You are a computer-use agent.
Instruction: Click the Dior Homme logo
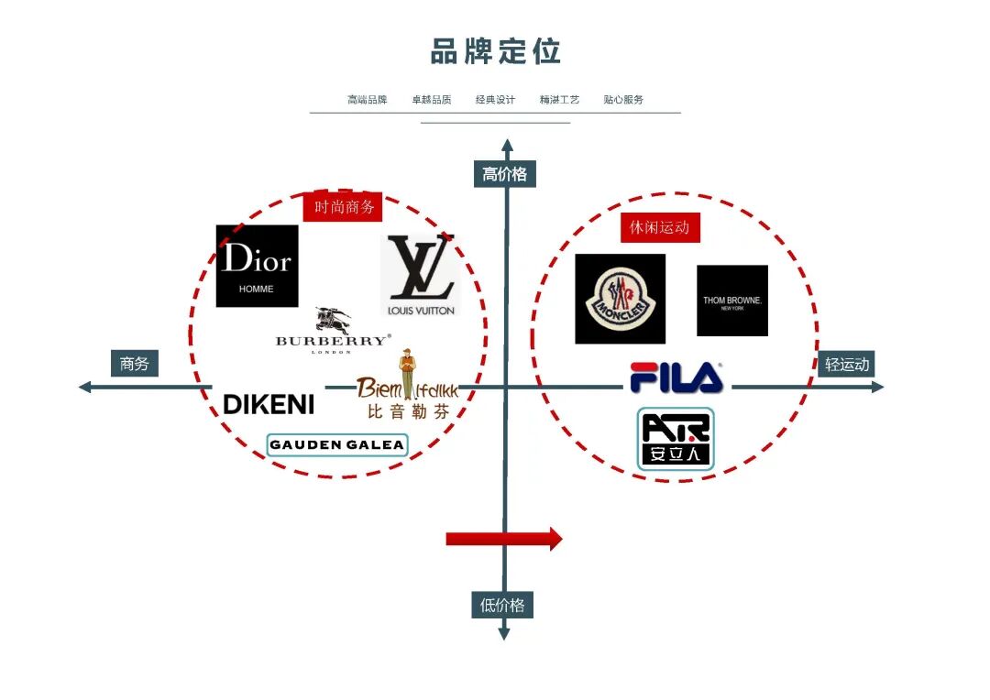pos(257,266)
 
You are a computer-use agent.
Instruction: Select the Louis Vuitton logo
pos(419,275)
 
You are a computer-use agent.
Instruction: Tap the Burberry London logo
pos(332,331)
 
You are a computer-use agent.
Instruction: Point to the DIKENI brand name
pos(269,404)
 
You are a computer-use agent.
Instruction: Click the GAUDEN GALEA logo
pos(336,445)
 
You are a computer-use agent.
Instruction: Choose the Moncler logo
pos(620,299)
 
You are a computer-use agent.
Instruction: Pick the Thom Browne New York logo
pos(731,301)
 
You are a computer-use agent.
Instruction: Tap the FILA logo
pos(676,378)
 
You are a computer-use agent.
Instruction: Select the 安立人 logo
pos(676,439)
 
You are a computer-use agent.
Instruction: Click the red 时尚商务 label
pos(344,207)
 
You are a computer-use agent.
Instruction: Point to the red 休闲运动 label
pos(659,227)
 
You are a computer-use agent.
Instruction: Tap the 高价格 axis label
pos(504,174)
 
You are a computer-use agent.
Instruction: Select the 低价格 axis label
pos(502,605)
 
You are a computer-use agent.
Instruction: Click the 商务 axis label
pos(134,364)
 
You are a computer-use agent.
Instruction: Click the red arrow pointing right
pos(503,539)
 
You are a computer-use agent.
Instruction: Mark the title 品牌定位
pos(495,51)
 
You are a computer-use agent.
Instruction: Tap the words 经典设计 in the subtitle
pos(495,99)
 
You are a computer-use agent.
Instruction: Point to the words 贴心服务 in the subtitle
pos(623,99)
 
